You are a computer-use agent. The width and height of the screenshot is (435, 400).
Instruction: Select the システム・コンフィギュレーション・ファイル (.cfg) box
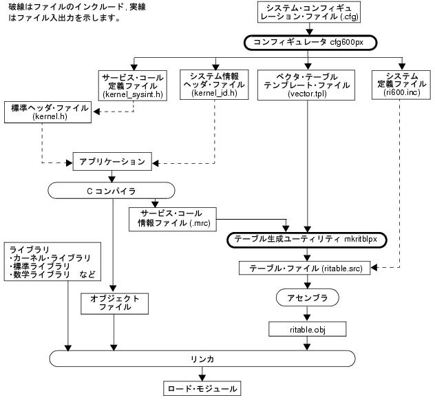(308, 12)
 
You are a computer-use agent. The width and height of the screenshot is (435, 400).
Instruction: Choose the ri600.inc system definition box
(398, 83)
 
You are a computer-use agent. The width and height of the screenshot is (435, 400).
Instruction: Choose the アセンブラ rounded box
(306, 297)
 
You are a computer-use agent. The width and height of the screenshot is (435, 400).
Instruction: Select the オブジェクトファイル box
(114, 304)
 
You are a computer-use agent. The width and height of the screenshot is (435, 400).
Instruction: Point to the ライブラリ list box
(52, 262)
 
